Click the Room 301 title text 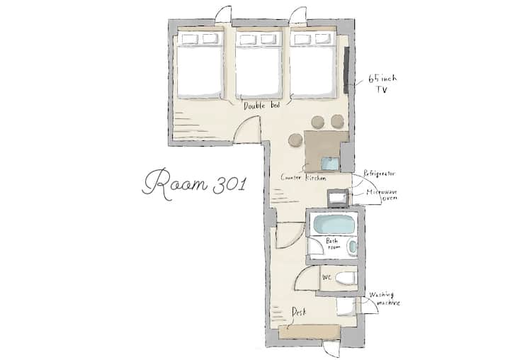[x=194, y=184]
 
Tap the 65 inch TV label [x=382, y=84]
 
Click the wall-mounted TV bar [x=347, y=69]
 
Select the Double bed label [x=262, y=106]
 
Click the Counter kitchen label [x=303, y=178]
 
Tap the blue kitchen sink [x=330, y=164]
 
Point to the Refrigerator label [x=379, y=174]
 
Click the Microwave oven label [x=382, y=195]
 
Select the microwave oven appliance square [x=338, y=198]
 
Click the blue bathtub [x=334, y=224]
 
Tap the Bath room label [x=332, y=244]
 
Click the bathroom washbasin [x=352, y=247]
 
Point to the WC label [x=327, y=277]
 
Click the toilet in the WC [x=346, y=279]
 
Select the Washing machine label [x=385, y=299]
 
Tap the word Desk [x=299, y=312]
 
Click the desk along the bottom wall [x=310, y=332]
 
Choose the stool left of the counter [x=295, y=140]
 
